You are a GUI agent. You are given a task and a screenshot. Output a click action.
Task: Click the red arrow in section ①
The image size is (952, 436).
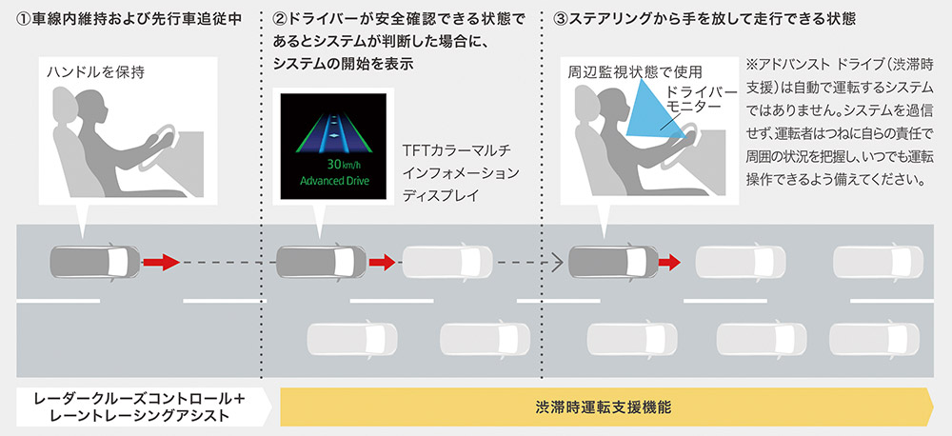(x=161, y=263)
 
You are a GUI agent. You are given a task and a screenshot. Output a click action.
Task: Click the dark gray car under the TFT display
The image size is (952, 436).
(x=321, y=262)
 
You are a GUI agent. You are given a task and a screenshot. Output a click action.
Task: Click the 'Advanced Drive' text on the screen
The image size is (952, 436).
(x=334, y=181)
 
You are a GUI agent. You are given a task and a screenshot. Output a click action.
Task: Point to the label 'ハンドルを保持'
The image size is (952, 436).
(x=96, y=72)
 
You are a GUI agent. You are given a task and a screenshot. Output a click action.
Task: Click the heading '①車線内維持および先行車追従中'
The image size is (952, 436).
(x=129, y=19)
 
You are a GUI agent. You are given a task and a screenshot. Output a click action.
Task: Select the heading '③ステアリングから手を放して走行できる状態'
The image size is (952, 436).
(x=704, y=19)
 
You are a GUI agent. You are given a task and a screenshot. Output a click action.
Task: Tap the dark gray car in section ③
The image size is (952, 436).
(x=613, y=262)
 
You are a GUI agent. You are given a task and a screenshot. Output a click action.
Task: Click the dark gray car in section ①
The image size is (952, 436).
(x=94, y=262)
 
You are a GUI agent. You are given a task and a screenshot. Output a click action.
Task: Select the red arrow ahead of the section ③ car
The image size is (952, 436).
(x=669, y=263)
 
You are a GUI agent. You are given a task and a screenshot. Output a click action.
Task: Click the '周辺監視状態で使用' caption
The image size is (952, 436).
(x=635, y=72)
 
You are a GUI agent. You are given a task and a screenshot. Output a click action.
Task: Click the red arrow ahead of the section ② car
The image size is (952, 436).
(x=382, y=263)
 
